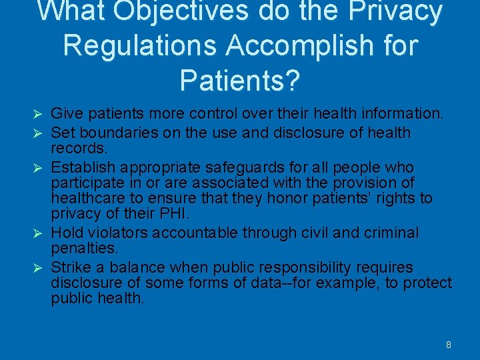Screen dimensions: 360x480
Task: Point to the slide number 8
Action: point(449,345)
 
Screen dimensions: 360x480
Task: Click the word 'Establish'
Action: point(83,167)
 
